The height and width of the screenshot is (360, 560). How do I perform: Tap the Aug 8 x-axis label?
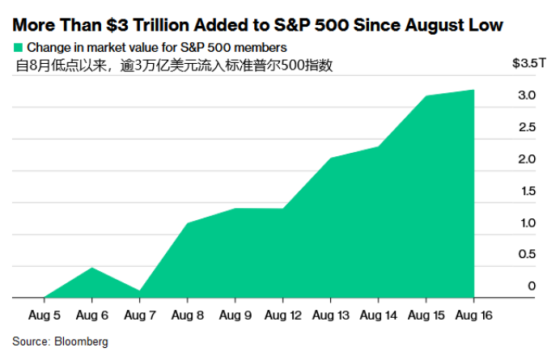[187, 314]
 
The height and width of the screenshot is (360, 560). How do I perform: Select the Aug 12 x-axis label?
[282, 314]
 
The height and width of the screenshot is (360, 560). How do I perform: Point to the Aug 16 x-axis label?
[473, 314]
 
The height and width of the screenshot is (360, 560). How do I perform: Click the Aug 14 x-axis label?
[378, 314]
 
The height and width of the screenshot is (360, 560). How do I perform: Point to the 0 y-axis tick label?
[532, 286]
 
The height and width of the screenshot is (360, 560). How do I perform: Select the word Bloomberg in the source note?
[81, 341]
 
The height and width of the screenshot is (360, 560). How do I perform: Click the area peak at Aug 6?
[91, 268]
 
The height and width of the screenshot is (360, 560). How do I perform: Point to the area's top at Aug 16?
[473, 91]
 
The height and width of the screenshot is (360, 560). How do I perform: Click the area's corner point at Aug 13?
[330, 159]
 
